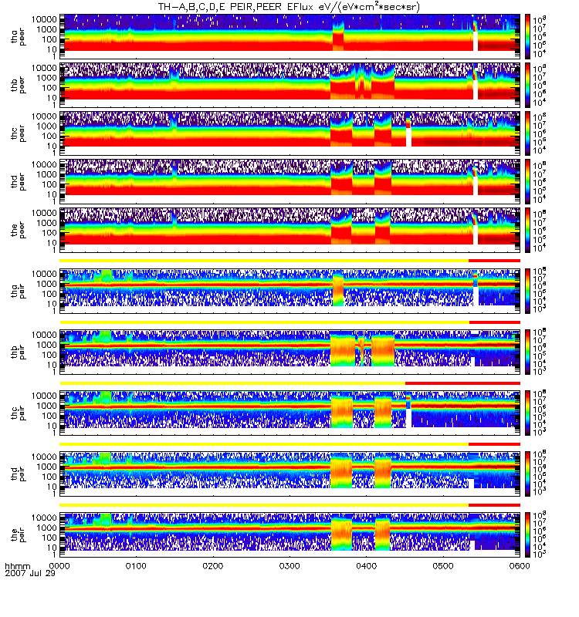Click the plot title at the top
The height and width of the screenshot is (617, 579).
(289, 7)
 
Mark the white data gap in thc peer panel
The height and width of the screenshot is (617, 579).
(408, 137)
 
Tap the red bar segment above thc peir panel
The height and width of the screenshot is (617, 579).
(462, 383)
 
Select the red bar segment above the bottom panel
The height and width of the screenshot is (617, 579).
(494, 504)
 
